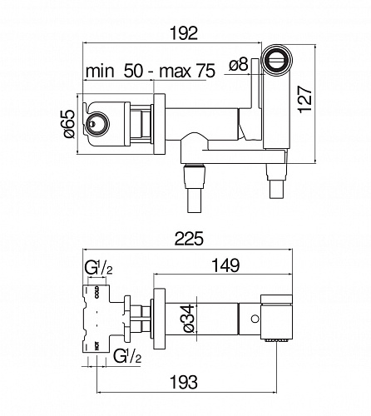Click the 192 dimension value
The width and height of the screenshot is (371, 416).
tap(184, 33)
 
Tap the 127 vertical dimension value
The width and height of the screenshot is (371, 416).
tap(305, 100)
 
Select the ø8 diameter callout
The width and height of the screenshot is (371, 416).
tap(239, 65)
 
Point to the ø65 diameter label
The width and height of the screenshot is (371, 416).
tap(69, 124)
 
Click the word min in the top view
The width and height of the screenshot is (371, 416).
tap(100, 71)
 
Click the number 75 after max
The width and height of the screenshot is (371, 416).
tap(205, 71)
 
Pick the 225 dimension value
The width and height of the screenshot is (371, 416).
tap(189, 239)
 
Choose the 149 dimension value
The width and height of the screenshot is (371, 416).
tap(225, 265)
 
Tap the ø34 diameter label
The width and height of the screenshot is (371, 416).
tap(189, 319)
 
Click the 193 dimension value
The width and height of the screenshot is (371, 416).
tap(184, 382)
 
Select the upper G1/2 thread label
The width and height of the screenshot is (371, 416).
tap(98, 268)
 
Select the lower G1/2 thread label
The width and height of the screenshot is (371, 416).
tap(127, 356)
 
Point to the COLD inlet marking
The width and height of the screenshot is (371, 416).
tap(96, 292)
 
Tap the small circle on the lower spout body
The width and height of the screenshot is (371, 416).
tap(255, 319)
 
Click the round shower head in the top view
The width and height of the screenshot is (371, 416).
tap(277, 60)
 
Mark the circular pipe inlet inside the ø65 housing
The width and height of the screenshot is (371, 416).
tap(97, 124)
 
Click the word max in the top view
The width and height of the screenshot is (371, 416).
tap(176, 71)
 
